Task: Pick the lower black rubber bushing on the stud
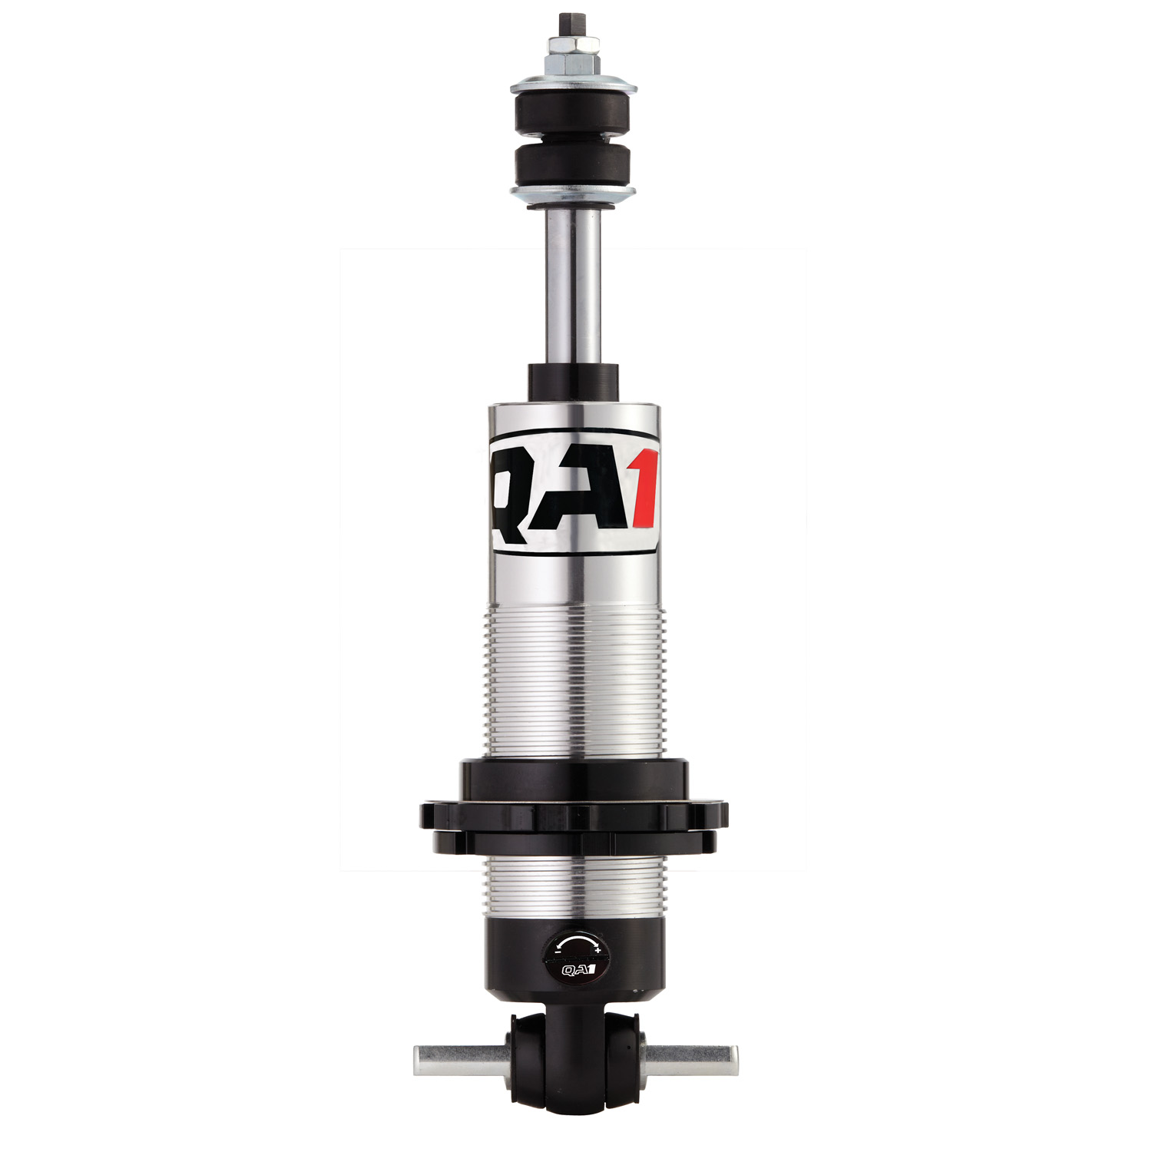[574, 165]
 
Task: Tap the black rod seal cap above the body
[574, 382]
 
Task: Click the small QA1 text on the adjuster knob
[576, 969]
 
